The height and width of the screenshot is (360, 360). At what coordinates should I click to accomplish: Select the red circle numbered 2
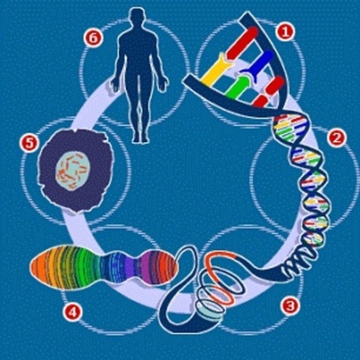(x=337, y=138)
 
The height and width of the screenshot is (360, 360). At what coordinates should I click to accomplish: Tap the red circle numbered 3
(x=290, y=305)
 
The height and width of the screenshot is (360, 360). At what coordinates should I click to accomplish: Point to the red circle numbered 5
(x=29, y=142)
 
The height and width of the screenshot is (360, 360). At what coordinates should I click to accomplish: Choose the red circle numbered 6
(x=91, y=37)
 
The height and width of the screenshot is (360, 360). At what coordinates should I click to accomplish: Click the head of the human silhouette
(x=138, y=17)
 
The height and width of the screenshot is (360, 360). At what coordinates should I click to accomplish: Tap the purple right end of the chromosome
(x=165, y=267)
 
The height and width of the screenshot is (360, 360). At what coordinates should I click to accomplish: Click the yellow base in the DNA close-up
(x=216, y=70)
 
